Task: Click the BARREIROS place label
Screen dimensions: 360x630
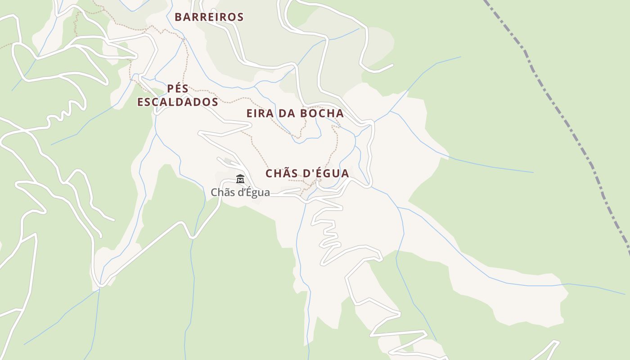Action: pyautogui.click(x=209, y=17)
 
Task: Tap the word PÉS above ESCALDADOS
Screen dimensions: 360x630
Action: pyautogui.click(x=178, y=88)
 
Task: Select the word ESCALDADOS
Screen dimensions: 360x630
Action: pyautogui.click(x=178, y=102)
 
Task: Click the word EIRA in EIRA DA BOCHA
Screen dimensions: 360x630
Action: pyautogui.click(x=260, y=113)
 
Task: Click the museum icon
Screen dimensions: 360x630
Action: pyautogui.click(x=240, y=180)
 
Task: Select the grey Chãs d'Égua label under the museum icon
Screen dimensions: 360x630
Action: pyautogui.click(x=240, y=193)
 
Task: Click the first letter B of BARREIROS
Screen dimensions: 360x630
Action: pyautogui.click(x=179, y=17)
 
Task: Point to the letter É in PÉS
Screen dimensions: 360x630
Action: pyautogui.click(x=178, y=88)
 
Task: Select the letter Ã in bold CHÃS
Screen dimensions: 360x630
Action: pyautogui.click(x=288, y=173)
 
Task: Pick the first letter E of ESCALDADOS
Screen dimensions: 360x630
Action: pyautogui.click(x=141, y=102)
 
